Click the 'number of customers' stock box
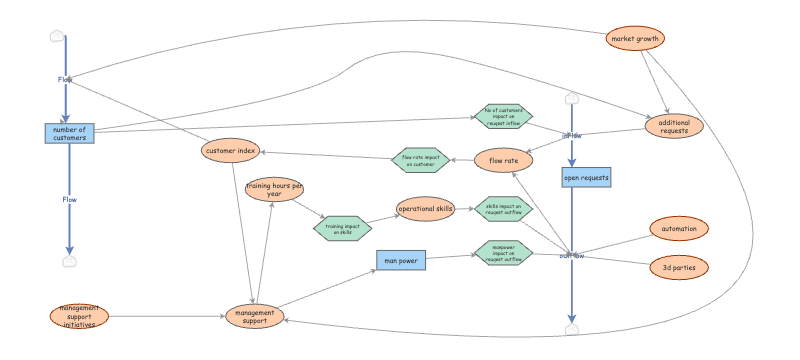point(69,133)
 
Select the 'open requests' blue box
point(585,178)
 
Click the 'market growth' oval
point(635,39)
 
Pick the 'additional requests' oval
point(674,127)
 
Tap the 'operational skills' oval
point(426,209)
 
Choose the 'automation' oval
point(679,229)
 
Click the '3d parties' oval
point(679,267)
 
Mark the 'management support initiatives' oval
point(78,316)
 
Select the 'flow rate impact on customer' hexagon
point(419,159)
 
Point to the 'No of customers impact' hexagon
point(503,116)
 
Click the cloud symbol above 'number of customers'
point(58,37)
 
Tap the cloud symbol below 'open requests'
point(571,329)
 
